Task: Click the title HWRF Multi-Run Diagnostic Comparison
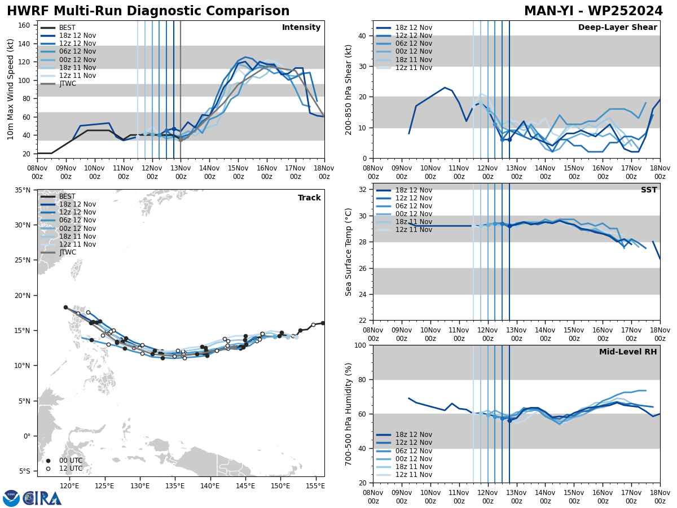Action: tap(148, 11)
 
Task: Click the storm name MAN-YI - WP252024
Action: tap(593, 11)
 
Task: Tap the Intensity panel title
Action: tap(301, 28)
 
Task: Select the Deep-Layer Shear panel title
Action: tap(617, 28)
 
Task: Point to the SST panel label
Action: tap(648, 190)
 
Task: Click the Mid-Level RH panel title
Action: tap(628, 352)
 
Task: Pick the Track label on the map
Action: tap(309, 198)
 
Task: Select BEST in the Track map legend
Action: tap(67, 196)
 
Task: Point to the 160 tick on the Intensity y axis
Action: tap(25, 25)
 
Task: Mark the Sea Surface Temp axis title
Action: tap(349, 252)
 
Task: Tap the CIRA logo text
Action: tap(42, 498)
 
